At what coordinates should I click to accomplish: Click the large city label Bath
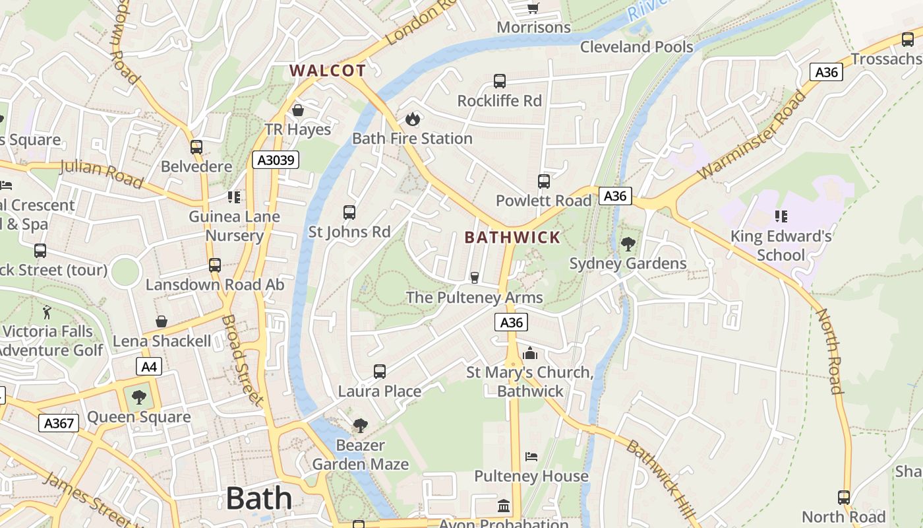[x=258, y=498]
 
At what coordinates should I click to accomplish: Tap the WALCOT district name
[x=328, y=71]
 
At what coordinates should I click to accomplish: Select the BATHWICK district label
[x=512, y=237]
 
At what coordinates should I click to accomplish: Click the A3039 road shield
[x=275, y=160]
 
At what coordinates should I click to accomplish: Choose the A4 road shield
[x=149, y=366]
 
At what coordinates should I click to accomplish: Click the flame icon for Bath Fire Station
[x=412, y=119]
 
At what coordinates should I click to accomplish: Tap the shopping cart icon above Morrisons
[x=533, y=8]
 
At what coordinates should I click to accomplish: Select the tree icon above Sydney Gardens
[x=628, y=244]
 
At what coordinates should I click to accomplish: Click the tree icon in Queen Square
[x=138, y=397]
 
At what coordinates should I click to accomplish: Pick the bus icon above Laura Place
[x=380, y=372]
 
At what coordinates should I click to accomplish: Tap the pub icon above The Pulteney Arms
[x=474, y=278]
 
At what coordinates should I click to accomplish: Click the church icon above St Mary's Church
[x=530, y=353]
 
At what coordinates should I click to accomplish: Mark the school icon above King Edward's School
[x=781, y=216]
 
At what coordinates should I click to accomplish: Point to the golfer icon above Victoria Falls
[x=47, y=312]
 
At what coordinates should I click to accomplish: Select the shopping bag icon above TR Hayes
[x=298, y=110]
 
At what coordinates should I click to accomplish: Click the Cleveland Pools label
[x=636, y=47]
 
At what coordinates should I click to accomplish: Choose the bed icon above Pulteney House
[x=531, y=457]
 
